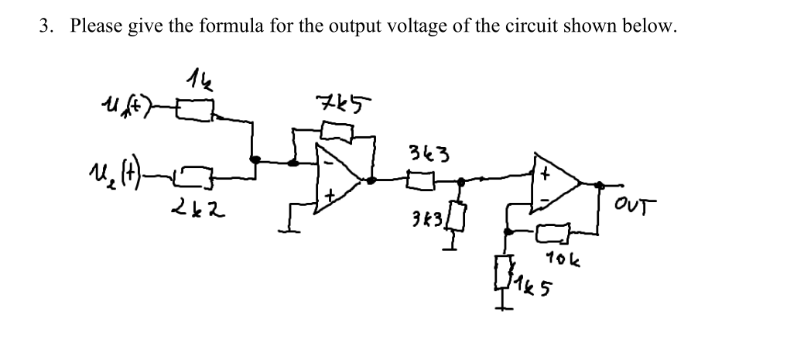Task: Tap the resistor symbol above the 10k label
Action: [554, 230]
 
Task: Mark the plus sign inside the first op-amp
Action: [330, 195]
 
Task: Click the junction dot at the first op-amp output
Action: [372, 180]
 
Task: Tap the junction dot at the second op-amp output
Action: [599, 184]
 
